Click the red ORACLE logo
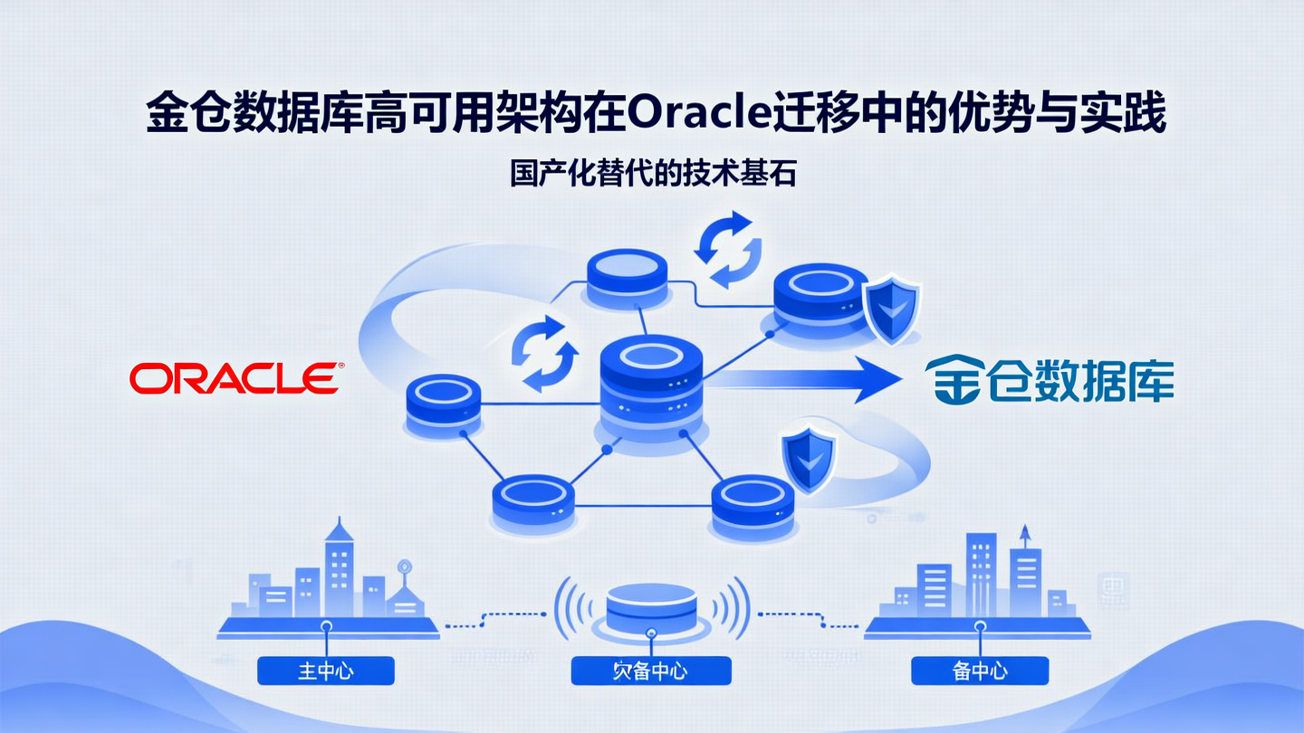pos(235,378)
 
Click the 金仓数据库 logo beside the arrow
pos(1049,380)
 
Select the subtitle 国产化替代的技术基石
pos(652,173)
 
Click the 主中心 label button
pos(326,671)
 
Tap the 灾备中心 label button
pos(651,671)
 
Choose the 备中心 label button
pos(980,671)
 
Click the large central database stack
pos(652,389)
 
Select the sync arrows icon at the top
pos(727,248)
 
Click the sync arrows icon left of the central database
pos(544,354)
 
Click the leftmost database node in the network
pos(442,405)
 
